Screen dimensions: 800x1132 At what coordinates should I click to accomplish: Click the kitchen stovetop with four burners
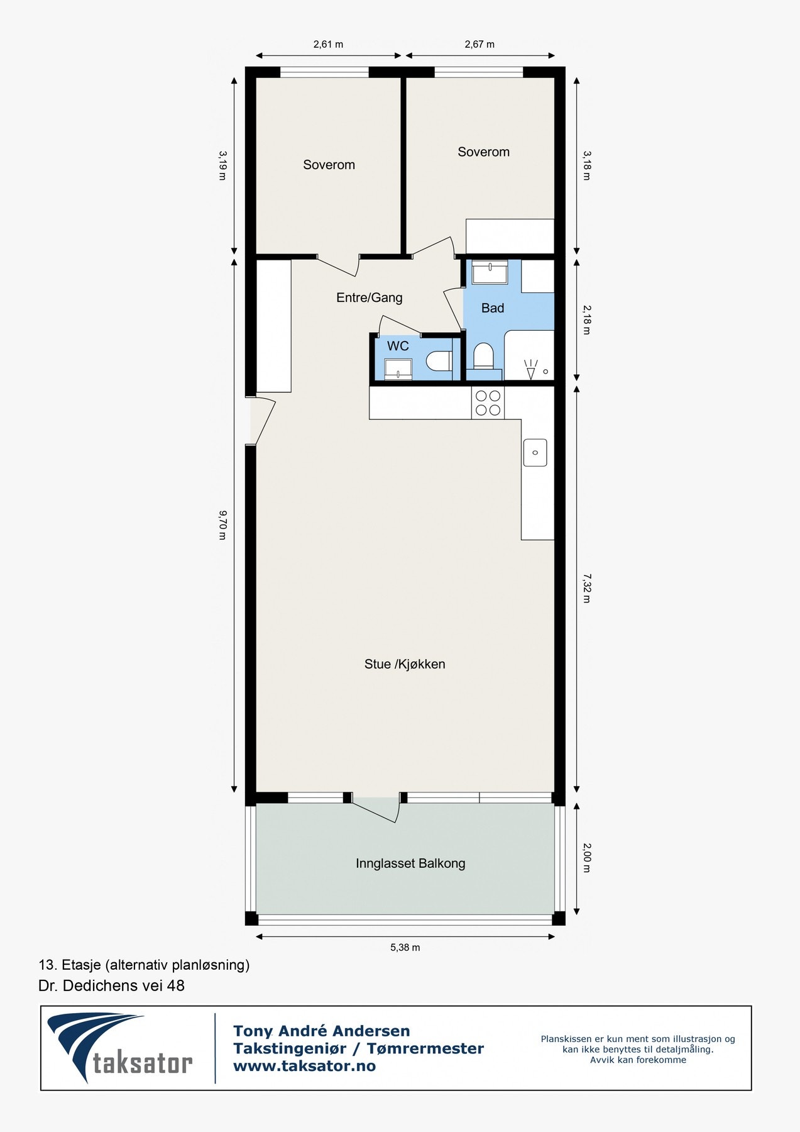(488, 403)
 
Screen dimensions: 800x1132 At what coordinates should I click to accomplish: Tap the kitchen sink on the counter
(535, 453)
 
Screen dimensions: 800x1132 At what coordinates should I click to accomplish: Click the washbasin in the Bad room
(490, 273)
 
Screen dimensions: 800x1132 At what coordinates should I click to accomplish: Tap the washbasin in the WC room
(398, 369)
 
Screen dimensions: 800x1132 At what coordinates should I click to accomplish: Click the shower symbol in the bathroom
(531, 369)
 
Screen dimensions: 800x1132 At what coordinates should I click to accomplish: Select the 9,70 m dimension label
(222, 525)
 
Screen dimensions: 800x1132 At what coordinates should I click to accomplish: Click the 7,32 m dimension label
(586, 587)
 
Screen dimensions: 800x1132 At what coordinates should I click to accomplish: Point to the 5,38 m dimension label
(405, 947)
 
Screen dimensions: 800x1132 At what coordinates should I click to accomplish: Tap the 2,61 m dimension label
(328, 44)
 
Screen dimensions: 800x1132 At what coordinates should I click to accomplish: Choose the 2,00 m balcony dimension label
(586, 858)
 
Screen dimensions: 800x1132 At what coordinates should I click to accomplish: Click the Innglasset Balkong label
(410, 863)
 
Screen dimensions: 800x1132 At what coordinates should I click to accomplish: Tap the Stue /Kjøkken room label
(405, 664)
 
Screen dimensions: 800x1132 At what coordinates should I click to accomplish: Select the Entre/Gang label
(370, 297)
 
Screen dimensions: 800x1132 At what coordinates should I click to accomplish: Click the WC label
(398, 346)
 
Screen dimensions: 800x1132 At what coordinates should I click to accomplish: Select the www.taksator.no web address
(304, 1065)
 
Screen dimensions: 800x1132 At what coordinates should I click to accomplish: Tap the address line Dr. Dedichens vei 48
(112, 985)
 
